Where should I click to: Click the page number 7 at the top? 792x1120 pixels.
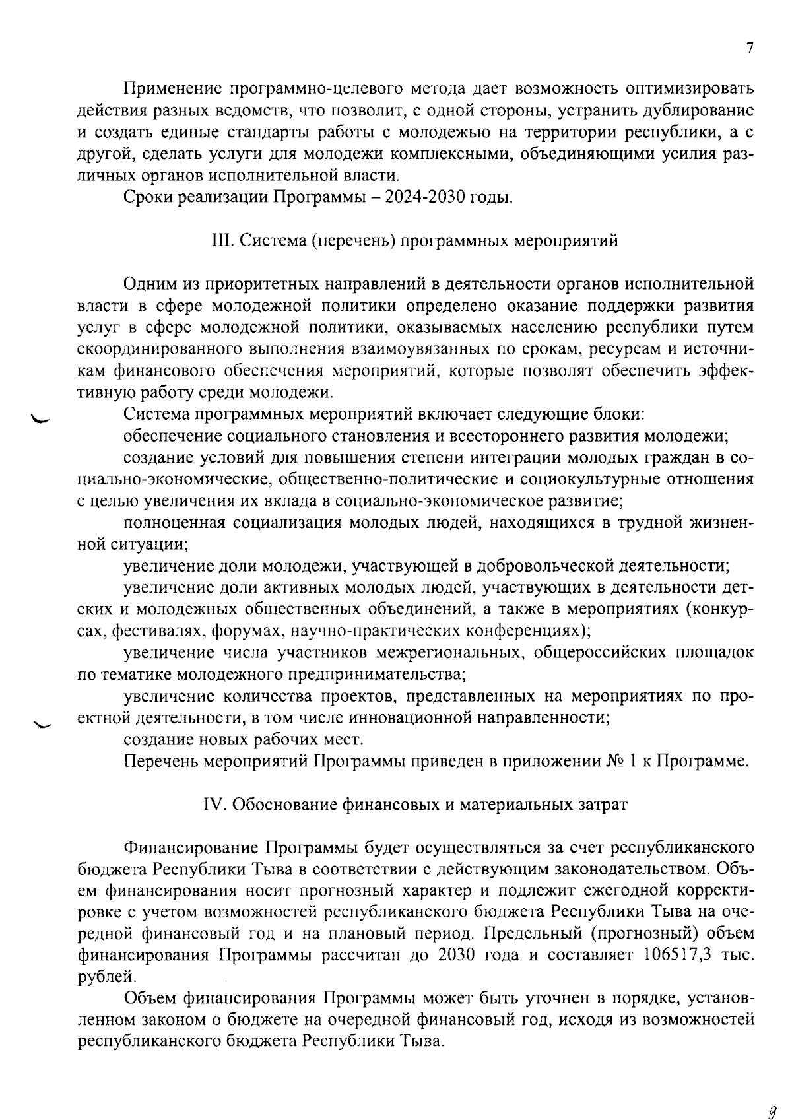(x=749, y=49)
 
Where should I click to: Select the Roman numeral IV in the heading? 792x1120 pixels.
(x=213, y=805)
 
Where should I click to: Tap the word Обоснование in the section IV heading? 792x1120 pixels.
(x=282, y=805)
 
